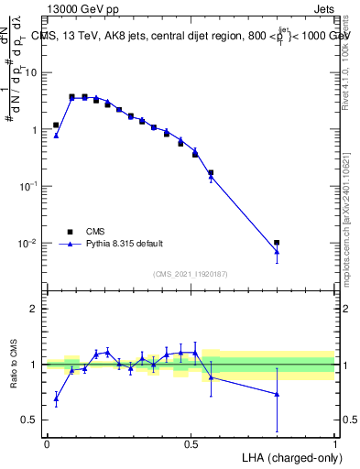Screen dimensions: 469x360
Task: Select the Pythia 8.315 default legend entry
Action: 125,244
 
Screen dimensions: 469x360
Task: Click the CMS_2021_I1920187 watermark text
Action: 190,274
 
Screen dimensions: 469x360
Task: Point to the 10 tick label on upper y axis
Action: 31,71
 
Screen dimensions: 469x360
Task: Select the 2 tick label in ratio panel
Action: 36,309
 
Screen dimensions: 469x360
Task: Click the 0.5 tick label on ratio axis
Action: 30,420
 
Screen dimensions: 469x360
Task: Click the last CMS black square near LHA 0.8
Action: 277,243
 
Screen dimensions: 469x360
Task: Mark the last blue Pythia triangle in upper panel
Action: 277,251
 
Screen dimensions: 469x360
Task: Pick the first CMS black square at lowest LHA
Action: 56,125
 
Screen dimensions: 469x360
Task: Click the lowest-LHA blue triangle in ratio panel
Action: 56,398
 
